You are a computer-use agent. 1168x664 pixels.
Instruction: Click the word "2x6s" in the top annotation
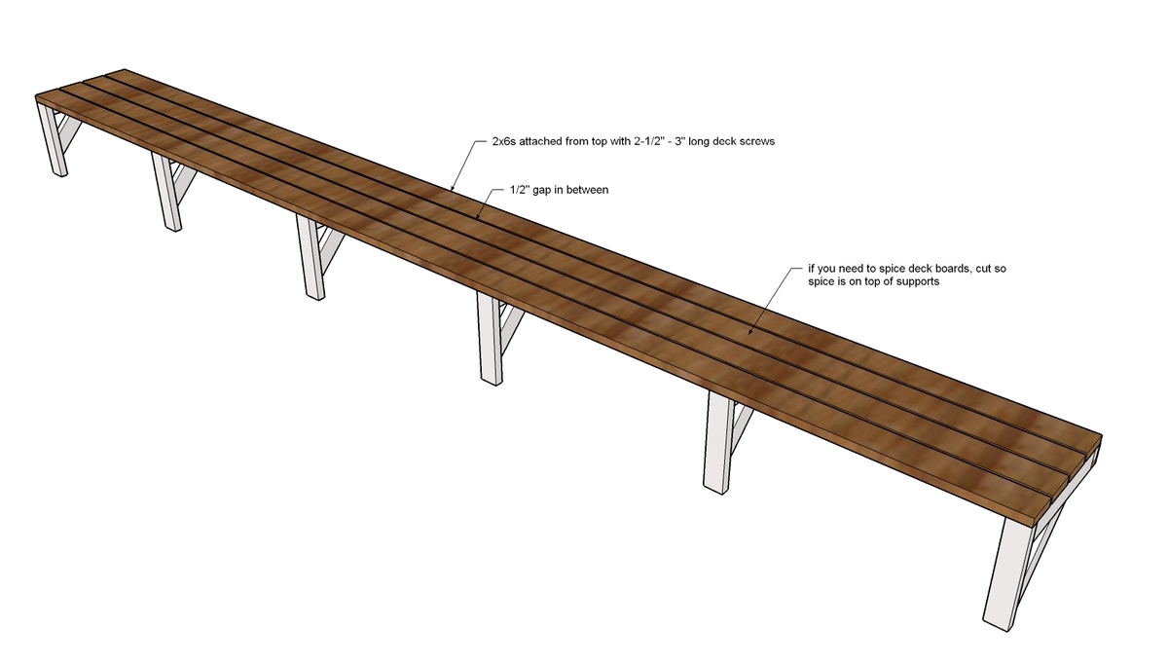[504, 141]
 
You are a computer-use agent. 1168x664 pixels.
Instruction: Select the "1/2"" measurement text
[520, 190]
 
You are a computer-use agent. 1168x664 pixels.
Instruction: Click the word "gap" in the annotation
[542, 191]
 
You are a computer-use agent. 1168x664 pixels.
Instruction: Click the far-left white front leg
[54, 138]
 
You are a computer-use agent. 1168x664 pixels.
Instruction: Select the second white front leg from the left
[167, 192]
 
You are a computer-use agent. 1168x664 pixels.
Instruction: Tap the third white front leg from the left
[310, 257]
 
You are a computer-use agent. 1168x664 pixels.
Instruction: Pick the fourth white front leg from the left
[491, 339]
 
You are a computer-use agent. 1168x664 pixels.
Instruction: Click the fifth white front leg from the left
[716, 442]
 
